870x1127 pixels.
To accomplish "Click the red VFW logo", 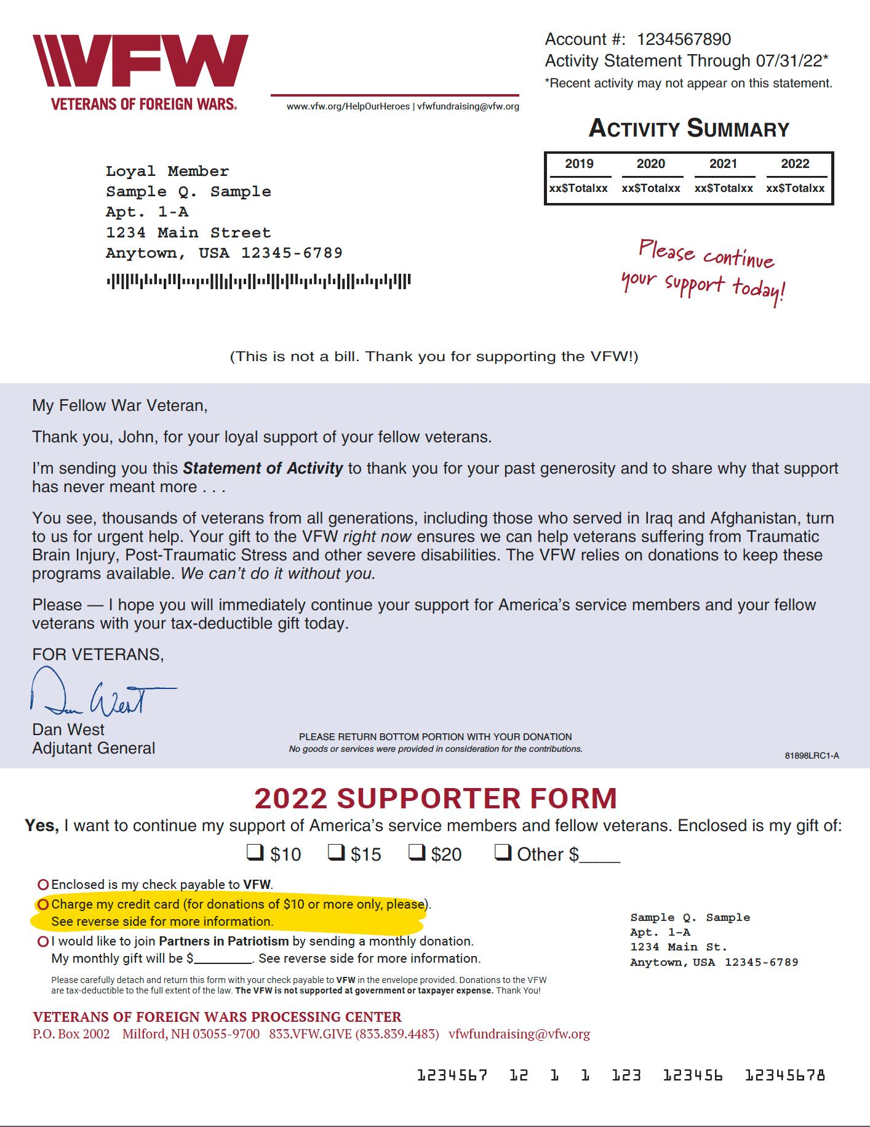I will click(140, 65).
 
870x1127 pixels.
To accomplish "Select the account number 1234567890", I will click(684, 40).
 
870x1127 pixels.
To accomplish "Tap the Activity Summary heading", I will click(688, 129).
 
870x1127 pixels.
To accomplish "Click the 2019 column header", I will click(579, 164).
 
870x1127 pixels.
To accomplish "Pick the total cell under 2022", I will click(795, 188).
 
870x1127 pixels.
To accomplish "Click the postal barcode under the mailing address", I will click(258, 282).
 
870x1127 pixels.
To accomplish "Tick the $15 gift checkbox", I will click(335, 853).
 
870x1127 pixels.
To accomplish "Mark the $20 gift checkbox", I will click(417, 853).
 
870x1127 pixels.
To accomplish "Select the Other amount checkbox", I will click(503, 853).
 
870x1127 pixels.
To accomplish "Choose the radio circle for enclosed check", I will click(43, 885).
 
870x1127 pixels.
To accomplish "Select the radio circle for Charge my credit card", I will click(43, 904).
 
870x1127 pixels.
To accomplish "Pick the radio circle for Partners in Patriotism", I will click(43, 941).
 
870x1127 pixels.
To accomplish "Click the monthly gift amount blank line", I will click(223, 960).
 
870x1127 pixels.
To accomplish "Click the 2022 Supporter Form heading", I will click(435, 798).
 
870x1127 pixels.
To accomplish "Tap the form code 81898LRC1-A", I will click(812, 755).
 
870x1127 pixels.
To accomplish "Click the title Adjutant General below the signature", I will click(94, 749).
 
